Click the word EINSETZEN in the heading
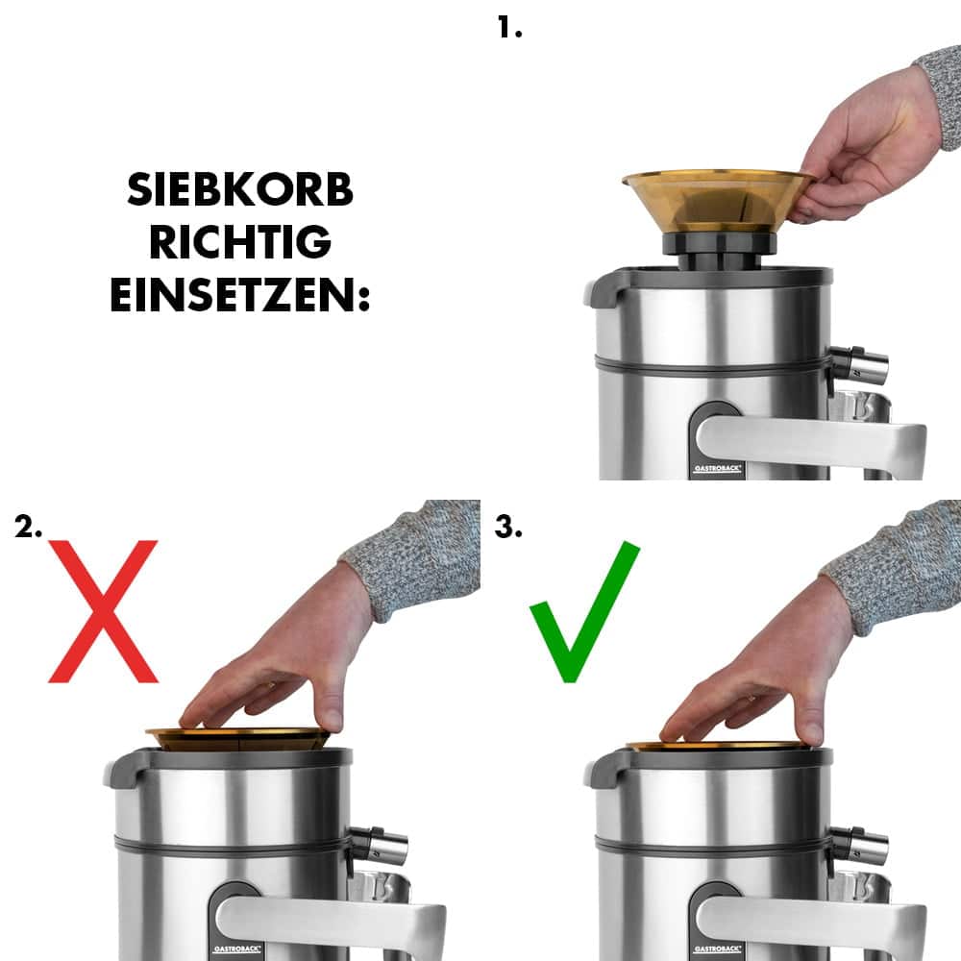coord(240,296)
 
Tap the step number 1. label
coord(509,27)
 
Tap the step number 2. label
coord(29,527)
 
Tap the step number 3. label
coord(508,527)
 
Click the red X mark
coord(103,611)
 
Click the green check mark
coord(584,611)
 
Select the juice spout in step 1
coord(858,365)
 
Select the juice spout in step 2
coord(378,845)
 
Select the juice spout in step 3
coord(858,845)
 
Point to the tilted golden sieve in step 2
coord(240,738)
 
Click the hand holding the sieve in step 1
coord(865,144)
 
